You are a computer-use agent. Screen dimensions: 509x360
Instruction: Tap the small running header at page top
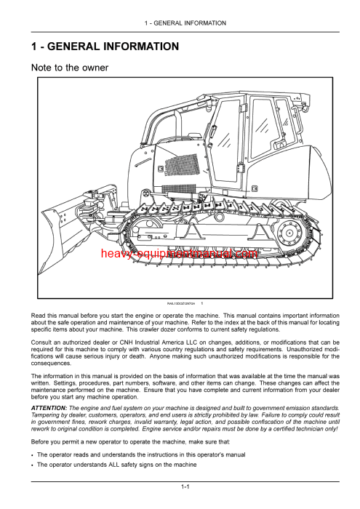(185, 23)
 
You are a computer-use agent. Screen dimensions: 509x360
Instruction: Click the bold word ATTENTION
(49, 409)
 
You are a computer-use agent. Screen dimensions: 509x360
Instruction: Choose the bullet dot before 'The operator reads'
(33, 454)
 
